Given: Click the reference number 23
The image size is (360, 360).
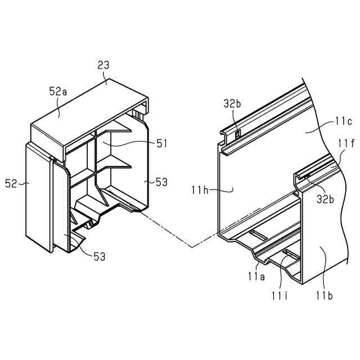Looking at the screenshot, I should click(103, 66).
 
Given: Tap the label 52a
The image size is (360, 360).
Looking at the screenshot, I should click(58, 92).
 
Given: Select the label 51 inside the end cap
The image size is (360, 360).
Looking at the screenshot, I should click(162, 144).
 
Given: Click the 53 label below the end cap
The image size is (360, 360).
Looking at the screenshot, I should click(98, 257).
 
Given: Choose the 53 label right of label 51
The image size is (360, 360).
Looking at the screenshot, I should click(161, 182).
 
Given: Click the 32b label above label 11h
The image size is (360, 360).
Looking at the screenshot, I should click(231, 103).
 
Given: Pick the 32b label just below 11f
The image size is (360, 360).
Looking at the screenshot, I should click(326, 199).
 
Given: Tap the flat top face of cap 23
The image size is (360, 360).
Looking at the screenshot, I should click(90, 107).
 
